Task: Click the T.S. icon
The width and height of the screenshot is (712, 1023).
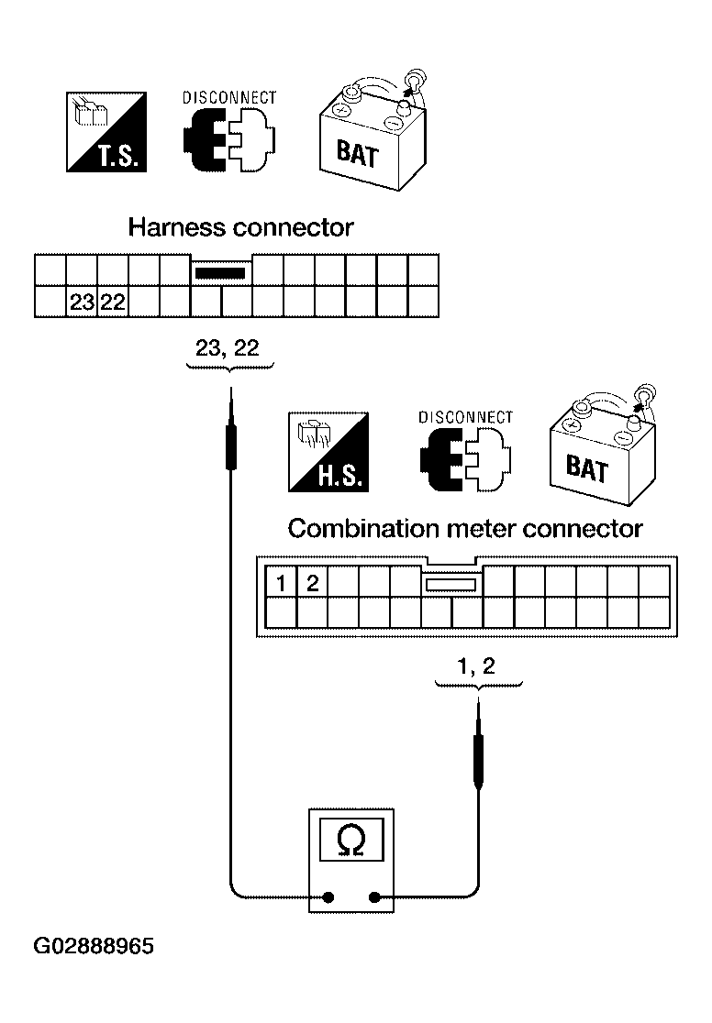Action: (x=106, y=132)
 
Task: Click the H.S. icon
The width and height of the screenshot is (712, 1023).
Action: (x=328, y=452)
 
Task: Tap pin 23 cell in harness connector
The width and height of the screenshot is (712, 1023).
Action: (x=82, y=302)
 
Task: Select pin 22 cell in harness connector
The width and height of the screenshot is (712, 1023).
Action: (x=112, y=302)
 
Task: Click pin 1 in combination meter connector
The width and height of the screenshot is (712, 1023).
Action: (x=281, y=582)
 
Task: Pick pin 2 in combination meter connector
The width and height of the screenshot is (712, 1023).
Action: (x=312, y=582)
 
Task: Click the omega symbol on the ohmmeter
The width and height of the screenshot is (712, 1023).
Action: (x=350, y=841)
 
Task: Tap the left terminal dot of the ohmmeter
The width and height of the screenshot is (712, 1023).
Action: (x=328, y=897)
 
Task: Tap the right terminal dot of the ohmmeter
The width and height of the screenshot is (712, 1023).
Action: (x=374, y=897)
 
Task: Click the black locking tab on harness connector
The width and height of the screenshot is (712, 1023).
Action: (x=221, y=273)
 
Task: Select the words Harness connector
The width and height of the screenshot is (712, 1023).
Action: (x=240, y=227)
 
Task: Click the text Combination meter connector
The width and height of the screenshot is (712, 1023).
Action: (x=465, y=529)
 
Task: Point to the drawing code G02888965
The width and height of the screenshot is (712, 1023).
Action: (x=95, y=945)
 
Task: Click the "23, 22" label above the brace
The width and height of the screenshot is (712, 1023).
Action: (x=228, y=348)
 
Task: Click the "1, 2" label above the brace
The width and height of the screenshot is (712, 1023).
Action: (x=476, y=666)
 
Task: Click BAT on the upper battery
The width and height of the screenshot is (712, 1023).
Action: (x=357, y=153)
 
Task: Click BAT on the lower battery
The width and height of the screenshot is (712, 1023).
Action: (x=587, y=468)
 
